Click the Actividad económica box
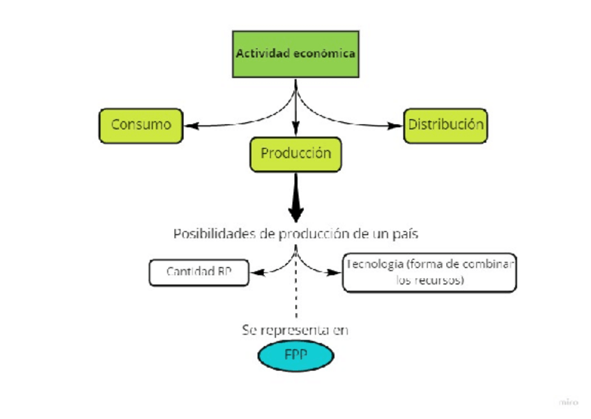[295, 54]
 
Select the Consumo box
[141, 125]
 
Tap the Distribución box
[445, 125]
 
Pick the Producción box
[295, 153]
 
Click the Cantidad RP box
[199, 272]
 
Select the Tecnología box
[429, 272]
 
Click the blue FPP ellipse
[295, 356]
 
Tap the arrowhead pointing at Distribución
[398, 126]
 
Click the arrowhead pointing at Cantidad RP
[254, 273]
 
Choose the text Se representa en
[295, 329]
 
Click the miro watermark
[569, 402]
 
